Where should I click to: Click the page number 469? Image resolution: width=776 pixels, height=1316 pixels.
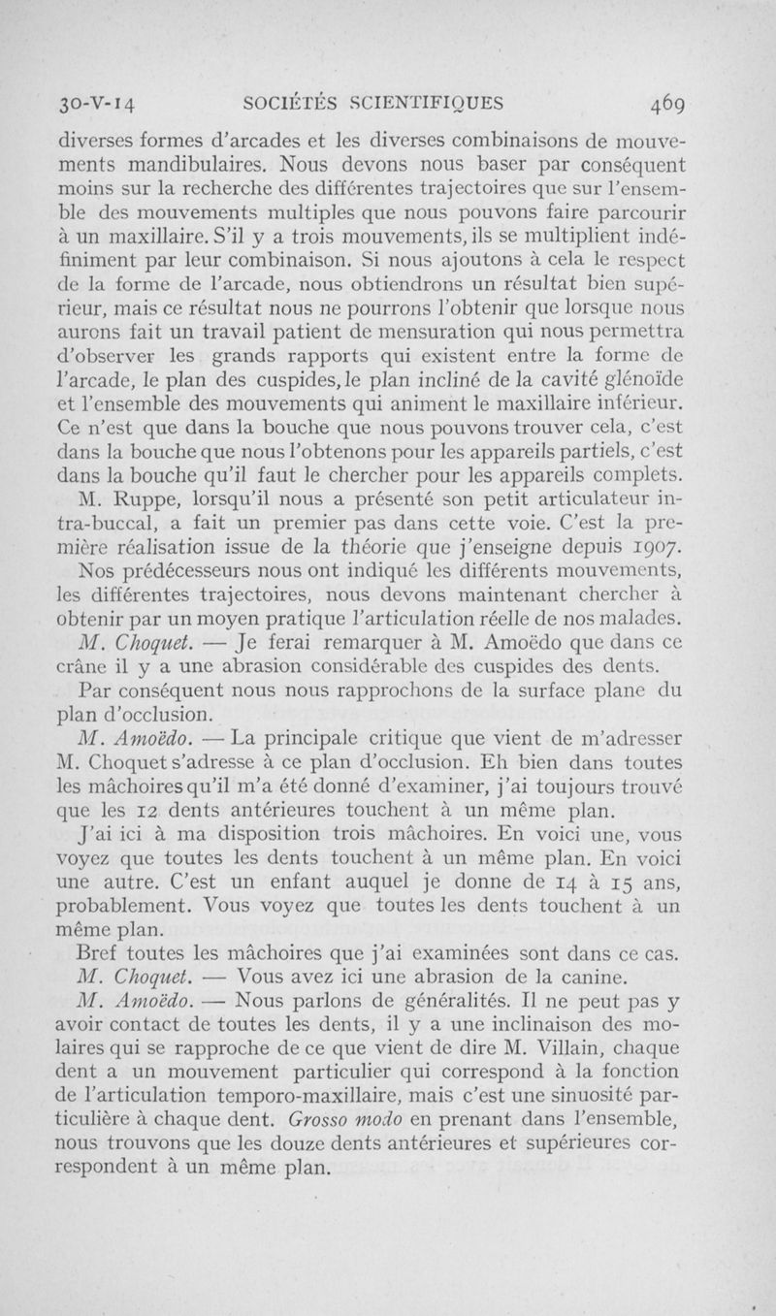(668, 102)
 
